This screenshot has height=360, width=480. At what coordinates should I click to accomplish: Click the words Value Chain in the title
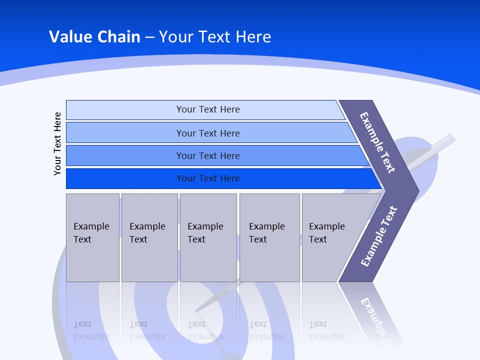click(x=94, y=37)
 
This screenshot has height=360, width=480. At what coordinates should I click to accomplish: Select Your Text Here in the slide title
click(x=215, y=37)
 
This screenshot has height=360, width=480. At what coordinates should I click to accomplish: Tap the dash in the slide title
click(x=149, y=37)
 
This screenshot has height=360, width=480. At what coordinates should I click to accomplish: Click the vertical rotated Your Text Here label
click(x=57, y=143)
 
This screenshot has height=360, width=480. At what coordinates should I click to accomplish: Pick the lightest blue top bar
click(x=207, y=109)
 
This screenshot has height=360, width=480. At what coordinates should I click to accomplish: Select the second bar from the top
click(x=207, y=133)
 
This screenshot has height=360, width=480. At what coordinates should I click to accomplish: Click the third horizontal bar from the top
click(x=207, y=155)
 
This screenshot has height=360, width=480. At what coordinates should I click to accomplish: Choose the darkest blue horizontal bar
click(x=207, y=178)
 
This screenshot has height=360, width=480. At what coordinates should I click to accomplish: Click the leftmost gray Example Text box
click(x=92, y=237)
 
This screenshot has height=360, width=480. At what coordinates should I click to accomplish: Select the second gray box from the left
click(x=149, y=237)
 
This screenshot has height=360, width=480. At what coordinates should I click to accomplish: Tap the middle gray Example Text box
click(x=208, y=237)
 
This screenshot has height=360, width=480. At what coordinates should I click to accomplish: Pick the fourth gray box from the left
click(x=269, y=237)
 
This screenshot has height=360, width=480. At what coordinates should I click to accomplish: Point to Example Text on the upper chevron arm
click(x=377, y=142)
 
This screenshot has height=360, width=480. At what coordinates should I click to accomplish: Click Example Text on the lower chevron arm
click(x=378, y=236)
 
